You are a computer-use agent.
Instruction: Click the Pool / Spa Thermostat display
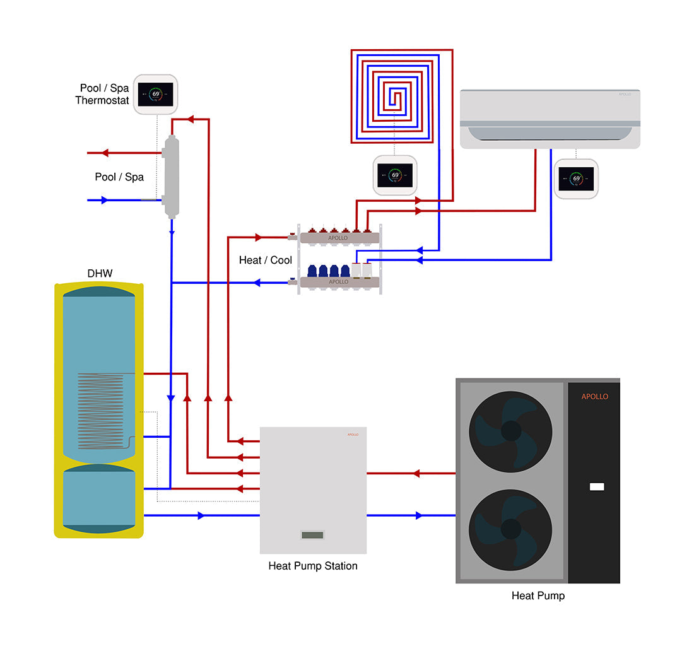pyautogui.click(x=155, y=95)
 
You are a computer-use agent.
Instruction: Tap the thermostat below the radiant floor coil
pyautogui.click(x=395, y=175)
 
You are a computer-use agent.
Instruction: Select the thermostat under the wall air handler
pyautogui.click(x=576, y=179)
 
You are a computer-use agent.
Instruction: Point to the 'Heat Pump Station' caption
pyautogui.click(x=313, y=566)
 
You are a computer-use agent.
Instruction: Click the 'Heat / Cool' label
pyautogui.click(x=266, y=260)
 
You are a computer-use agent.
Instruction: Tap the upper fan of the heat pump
pyautogui.click(x=510, y=431)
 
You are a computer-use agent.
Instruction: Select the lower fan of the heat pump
pyautogui.click(x=510, y=529)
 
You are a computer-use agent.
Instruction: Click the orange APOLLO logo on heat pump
pyautogui.click(x=594, y=397)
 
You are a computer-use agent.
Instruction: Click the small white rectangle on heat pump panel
pyautogui.click(x=596, y=487)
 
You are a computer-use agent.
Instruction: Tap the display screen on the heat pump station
pyautogui.click(x=312, y=535)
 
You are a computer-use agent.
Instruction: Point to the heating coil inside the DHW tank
pyautogui.click(x=101, y=410)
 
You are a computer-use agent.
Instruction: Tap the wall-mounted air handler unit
pyautogui.click(x=550, y=119)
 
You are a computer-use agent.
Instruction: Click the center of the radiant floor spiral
pyautogui.click(x=395, y=98)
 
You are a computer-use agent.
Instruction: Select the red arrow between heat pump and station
pyautogui.click(x=416, y=473)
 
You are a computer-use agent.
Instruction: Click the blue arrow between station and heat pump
pyautogui.click(x=418, y=515)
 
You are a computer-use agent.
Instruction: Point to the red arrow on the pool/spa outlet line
pyautogui.click(x=105, y=153)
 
